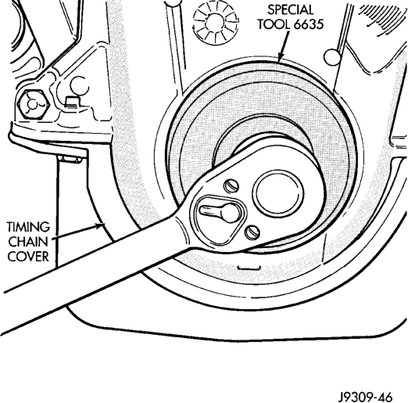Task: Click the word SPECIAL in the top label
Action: tap(290, 10)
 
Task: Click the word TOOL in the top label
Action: tap(274, 24)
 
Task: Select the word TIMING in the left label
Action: tap(28, 227)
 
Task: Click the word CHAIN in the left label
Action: tap(28, 242)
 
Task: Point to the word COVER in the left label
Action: tap(28, 257)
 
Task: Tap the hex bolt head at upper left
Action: tap(32, 105)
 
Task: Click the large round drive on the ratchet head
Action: tap(278, 193)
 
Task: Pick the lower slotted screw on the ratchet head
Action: tap(252, 232)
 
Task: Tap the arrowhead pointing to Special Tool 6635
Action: tap(281, 58)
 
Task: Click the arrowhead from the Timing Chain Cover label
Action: tap(101, 225)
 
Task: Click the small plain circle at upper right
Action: tap(332, 56)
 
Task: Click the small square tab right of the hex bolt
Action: tap(73, 102)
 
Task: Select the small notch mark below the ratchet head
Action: tap(249, 268)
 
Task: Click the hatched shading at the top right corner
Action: tap(383, 16)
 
